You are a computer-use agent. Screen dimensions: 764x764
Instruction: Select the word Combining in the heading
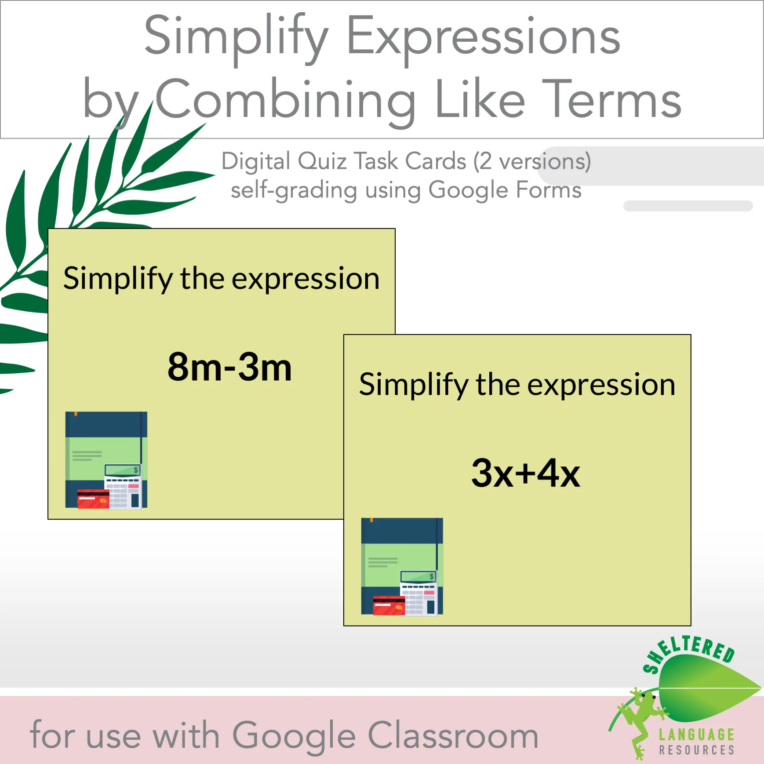pos(286,100)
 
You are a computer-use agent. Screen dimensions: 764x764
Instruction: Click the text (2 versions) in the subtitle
pos(532,161)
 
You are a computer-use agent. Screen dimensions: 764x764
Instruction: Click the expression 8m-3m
pos(229,367)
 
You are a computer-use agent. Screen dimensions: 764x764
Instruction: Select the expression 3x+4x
pos(526,473)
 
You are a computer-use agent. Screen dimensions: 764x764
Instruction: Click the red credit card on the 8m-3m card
pos(93,499)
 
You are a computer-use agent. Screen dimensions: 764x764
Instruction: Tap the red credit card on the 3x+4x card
pos(389,605)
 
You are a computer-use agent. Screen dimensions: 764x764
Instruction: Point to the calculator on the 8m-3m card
pos(123,486)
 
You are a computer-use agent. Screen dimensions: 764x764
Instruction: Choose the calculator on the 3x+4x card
pos(419,592)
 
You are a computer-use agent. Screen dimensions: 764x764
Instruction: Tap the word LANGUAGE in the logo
pos(697,734)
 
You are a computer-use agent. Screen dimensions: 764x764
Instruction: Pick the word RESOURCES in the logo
pos(697,750)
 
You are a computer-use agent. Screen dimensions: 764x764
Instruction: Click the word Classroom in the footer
pos(453,735)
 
